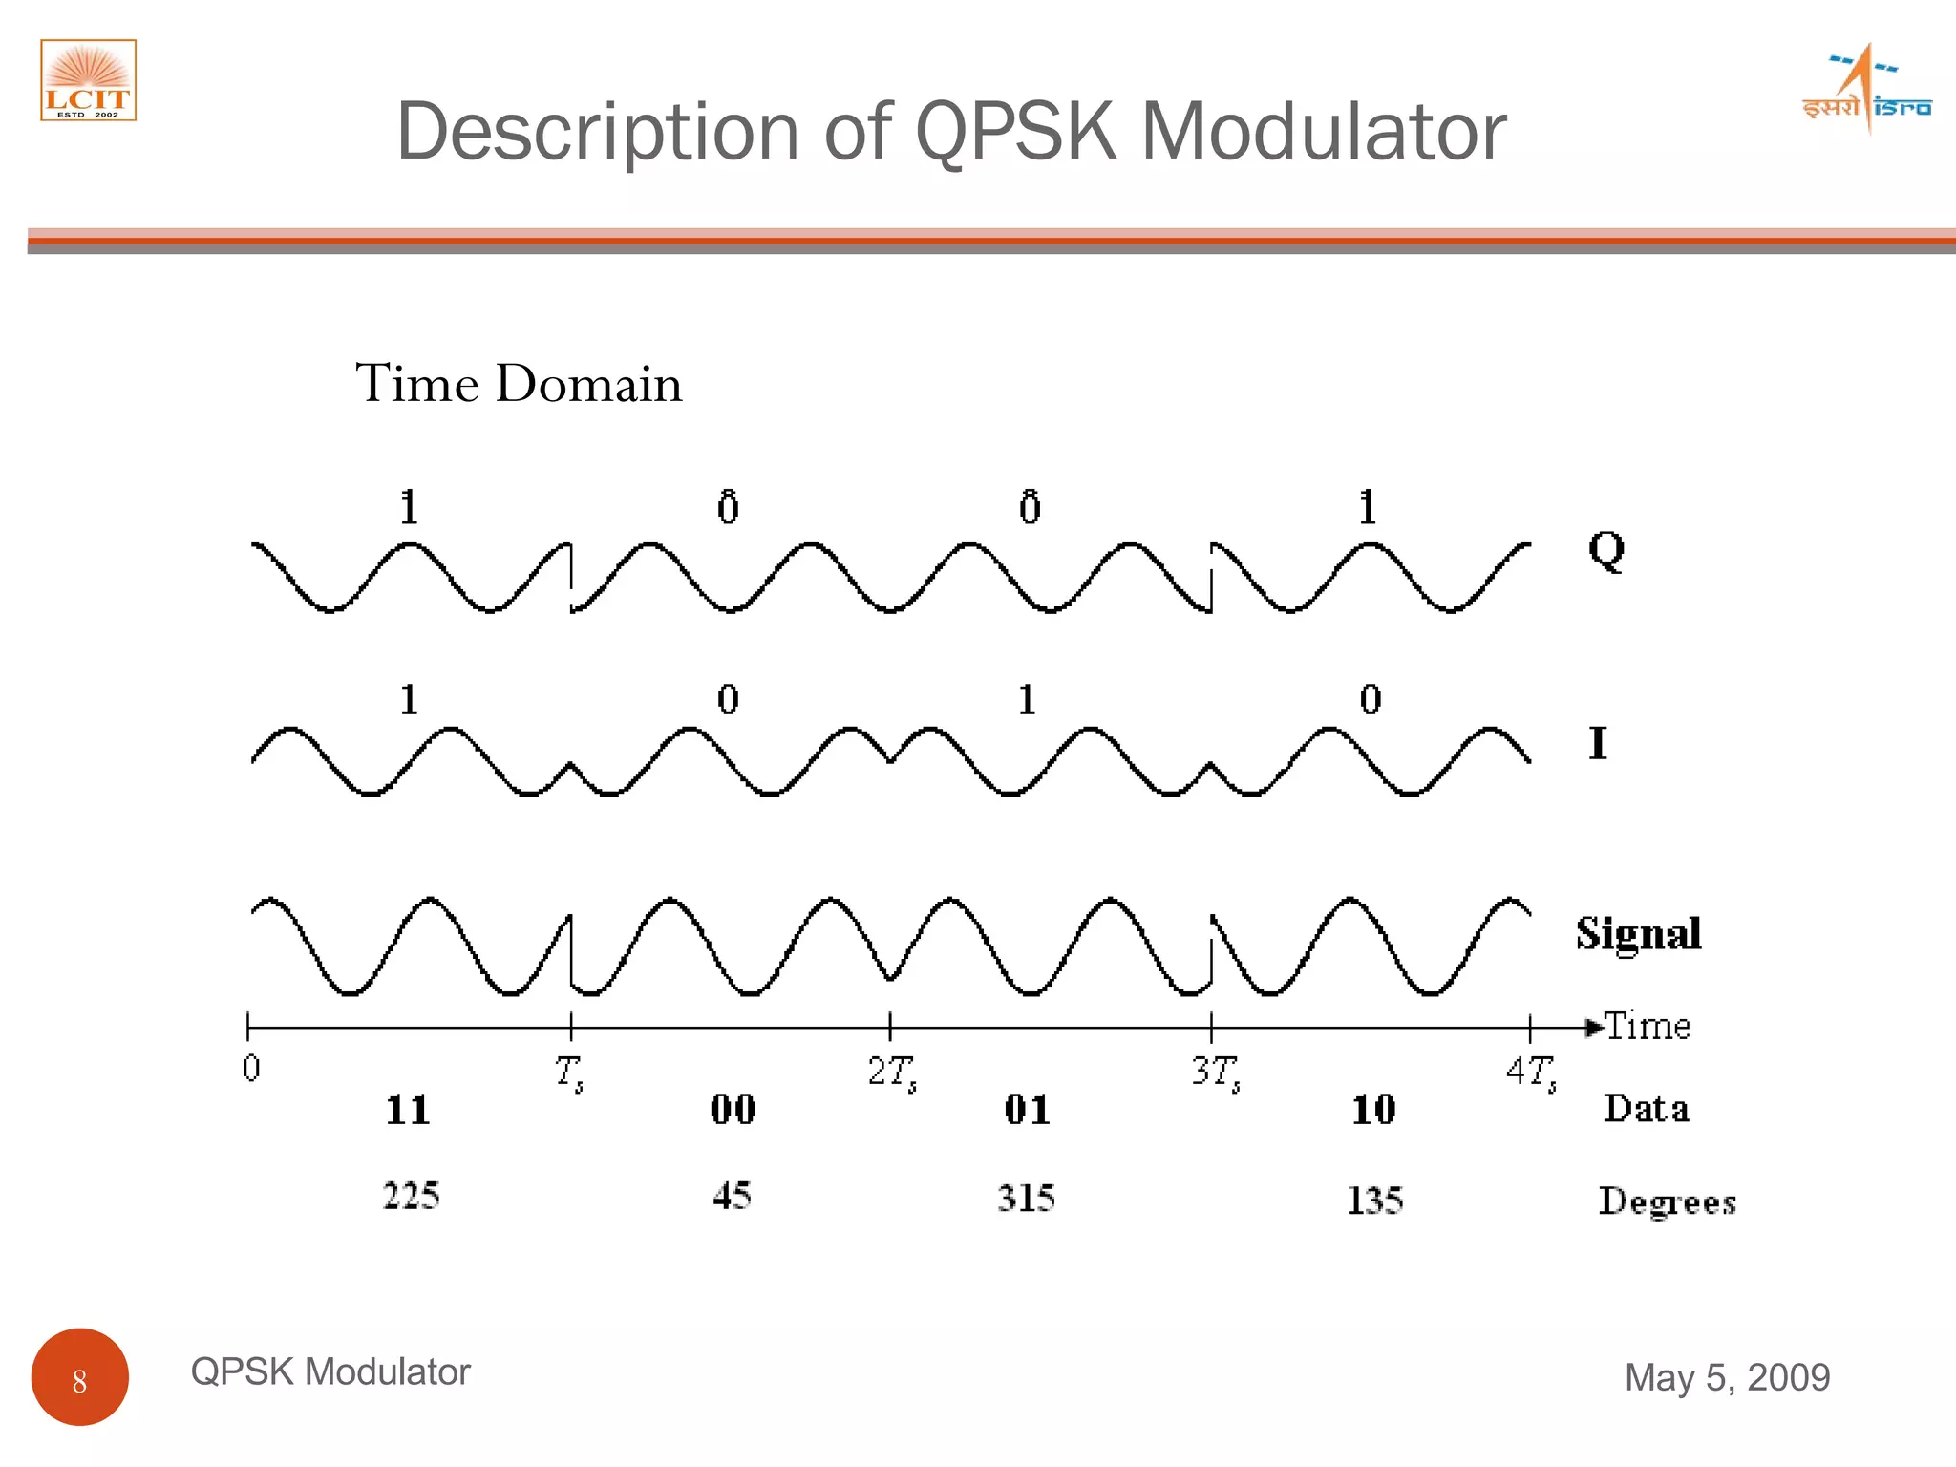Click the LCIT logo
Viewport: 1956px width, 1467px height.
pos(88,80)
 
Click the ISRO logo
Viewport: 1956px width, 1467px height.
pos(1866,92)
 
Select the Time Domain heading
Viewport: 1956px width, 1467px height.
pos(519,384)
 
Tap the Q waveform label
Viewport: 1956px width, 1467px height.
pos(1605,549)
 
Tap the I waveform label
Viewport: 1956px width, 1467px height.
pos(1597,743)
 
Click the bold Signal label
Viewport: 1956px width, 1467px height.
pos(1638,934)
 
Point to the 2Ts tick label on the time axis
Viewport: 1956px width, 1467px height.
pos(892,1072)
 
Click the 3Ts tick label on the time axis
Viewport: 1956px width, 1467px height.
pos(1215,1072)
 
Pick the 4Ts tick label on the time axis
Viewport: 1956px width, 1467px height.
pos(1531,1072)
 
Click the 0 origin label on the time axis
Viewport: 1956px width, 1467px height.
pos(251,1068)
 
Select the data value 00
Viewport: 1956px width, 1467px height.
pos(733,1110)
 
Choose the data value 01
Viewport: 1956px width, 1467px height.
pos(1027,1110)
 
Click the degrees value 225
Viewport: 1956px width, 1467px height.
pos(411,1196)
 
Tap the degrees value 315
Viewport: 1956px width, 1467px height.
pos(1026,1198)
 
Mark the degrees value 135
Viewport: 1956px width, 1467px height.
pos(1374,1201)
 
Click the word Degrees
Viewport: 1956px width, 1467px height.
pos(1667,1201)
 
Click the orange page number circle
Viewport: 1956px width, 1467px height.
pos(80,1376)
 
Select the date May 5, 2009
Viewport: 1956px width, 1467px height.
pos(1727,1377)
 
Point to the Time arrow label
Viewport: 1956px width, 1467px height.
pos(1646,1026)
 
